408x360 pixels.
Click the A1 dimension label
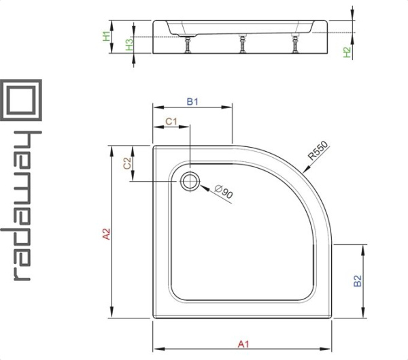[x=243, y=344]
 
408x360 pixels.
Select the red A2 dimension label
[x=107, y=233]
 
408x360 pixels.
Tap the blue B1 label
[x=192, y=101]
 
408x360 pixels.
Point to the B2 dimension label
[x=358, y=281]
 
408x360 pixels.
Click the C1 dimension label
[x=171, y=121]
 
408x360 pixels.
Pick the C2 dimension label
[x=127, y=163]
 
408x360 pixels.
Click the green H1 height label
[x=107, y=36]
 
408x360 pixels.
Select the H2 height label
[x=347, y=52]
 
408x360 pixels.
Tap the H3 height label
[x=129, y=44]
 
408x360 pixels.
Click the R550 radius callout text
[x=318, y=150]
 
